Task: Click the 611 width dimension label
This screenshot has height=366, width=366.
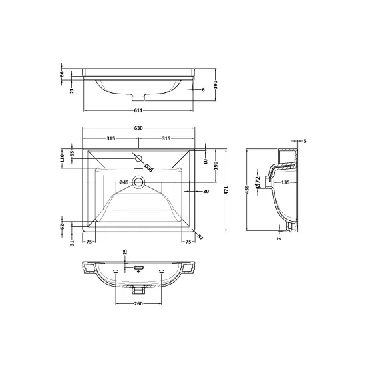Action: tap(138, 110)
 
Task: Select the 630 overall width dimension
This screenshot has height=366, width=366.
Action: tap(138, 128)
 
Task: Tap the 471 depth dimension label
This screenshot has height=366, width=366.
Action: tap(226, 190)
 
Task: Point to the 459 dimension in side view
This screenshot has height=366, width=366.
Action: tap(248, 189)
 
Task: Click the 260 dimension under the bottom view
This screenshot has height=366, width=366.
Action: tap(138, 303)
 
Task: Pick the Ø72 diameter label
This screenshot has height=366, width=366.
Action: tap(258, 182)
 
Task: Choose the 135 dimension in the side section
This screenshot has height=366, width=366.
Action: tap(285, 182)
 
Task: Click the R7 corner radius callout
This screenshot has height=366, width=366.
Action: tap(200, 237)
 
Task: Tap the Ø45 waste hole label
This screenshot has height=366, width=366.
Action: tap(124, 182)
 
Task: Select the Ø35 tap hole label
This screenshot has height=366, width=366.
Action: tap(148, 168)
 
